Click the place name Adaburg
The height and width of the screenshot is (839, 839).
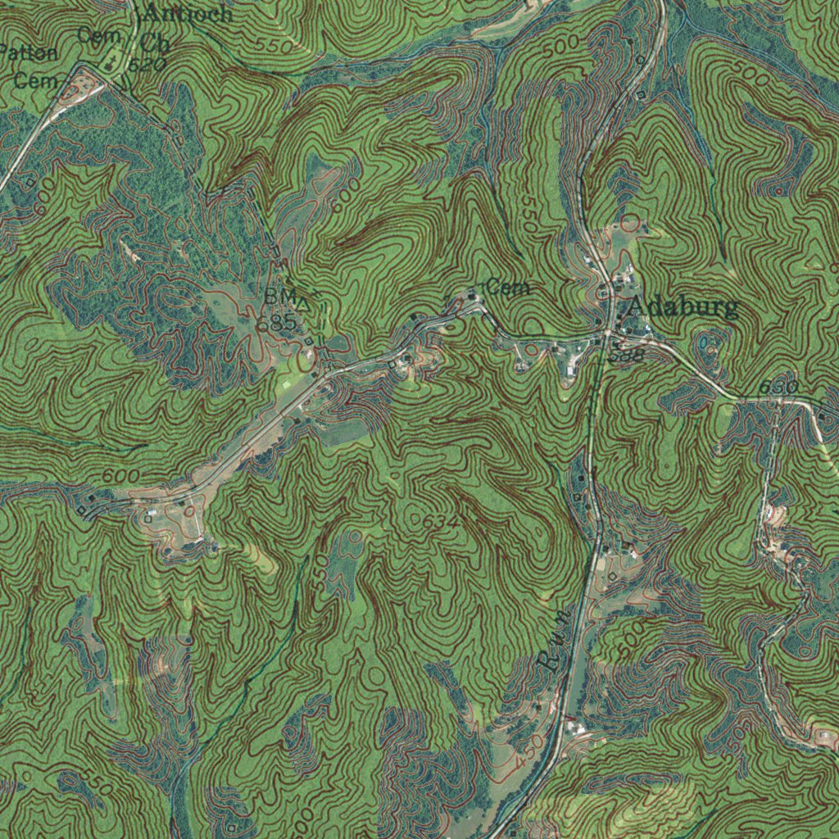coord(682,308)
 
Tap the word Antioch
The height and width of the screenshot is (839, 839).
coord(188,14)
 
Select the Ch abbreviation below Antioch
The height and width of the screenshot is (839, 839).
coord(154,42)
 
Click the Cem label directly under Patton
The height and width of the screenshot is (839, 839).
coord(36,80)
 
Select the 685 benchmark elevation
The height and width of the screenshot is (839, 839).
coord(275,321)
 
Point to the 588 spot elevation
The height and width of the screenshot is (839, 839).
coord(627,354)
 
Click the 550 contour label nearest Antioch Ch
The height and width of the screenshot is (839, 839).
coord(274,45)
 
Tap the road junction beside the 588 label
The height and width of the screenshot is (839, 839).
coord(607,333)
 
